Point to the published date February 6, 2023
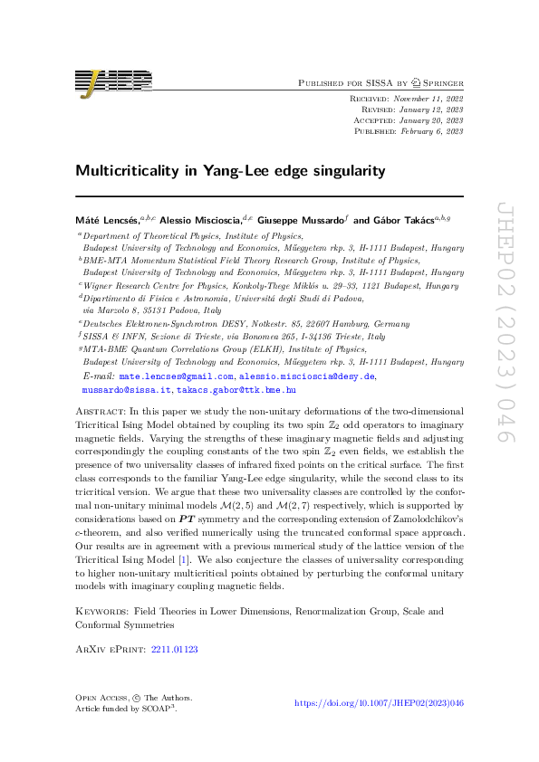(429, 131)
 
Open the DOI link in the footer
(380, 702)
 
